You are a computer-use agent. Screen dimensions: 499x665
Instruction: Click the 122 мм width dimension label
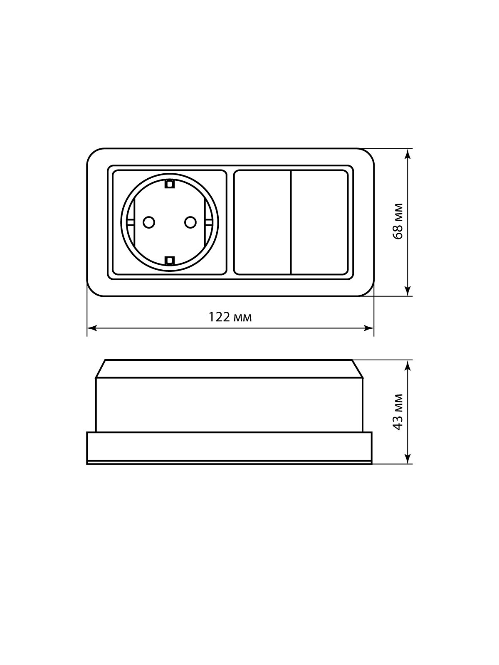[230, 317]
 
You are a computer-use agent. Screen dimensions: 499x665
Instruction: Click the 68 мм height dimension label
[398, 221]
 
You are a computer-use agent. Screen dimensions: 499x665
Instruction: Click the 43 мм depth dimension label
[398, 412]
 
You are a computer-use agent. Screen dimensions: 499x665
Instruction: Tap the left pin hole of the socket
[148, 222]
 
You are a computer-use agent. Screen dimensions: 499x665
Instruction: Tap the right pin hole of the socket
[190, 222]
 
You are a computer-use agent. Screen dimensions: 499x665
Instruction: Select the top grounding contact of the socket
[169, 184]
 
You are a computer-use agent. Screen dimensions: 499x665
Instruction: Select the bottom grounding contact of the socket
[169, 260]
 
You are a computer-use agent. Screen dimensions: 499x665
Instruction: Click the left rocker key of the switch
[262, 222]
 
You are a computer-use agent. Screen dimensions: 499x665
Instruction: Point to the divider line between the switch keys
[291, 222]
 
